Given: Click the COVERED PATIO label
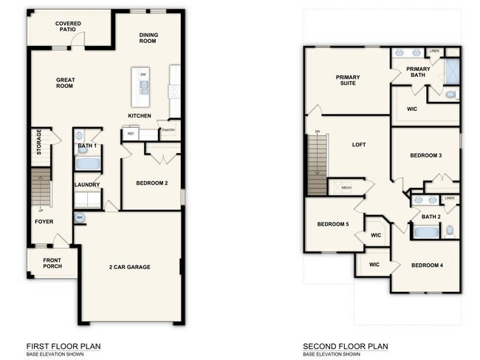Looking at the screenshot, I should point(68,27).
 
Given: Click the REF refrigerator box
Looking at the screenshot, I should point(131,134).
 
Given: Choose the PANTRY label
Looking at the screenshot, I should point(169,130).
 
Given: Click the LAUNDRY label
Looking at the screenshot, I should point(86,185).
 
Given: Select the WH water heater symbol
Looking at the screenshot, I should point(79,217).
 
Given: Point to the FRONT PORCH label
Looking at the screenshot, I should point(52,262).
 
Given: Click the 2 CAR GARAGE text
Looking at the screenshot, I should point(130,267).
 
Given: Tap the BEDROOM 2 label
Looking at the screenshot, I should point(152,183).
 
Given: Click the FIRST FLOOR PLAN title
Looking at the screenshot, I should point(64,346).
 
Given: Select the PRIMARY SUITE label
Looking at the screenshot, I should point(347,80).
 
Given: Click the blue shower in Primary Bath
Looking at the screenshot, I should point(452,72).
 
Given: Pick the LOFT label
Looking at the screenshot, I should point(359,145).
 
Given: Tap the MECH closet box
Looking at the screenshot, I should point(346,188).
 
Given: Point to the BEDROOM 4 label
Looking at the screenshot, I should point(427,265).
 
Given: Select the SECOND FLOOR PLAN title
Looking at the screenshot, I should point(345,346).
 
